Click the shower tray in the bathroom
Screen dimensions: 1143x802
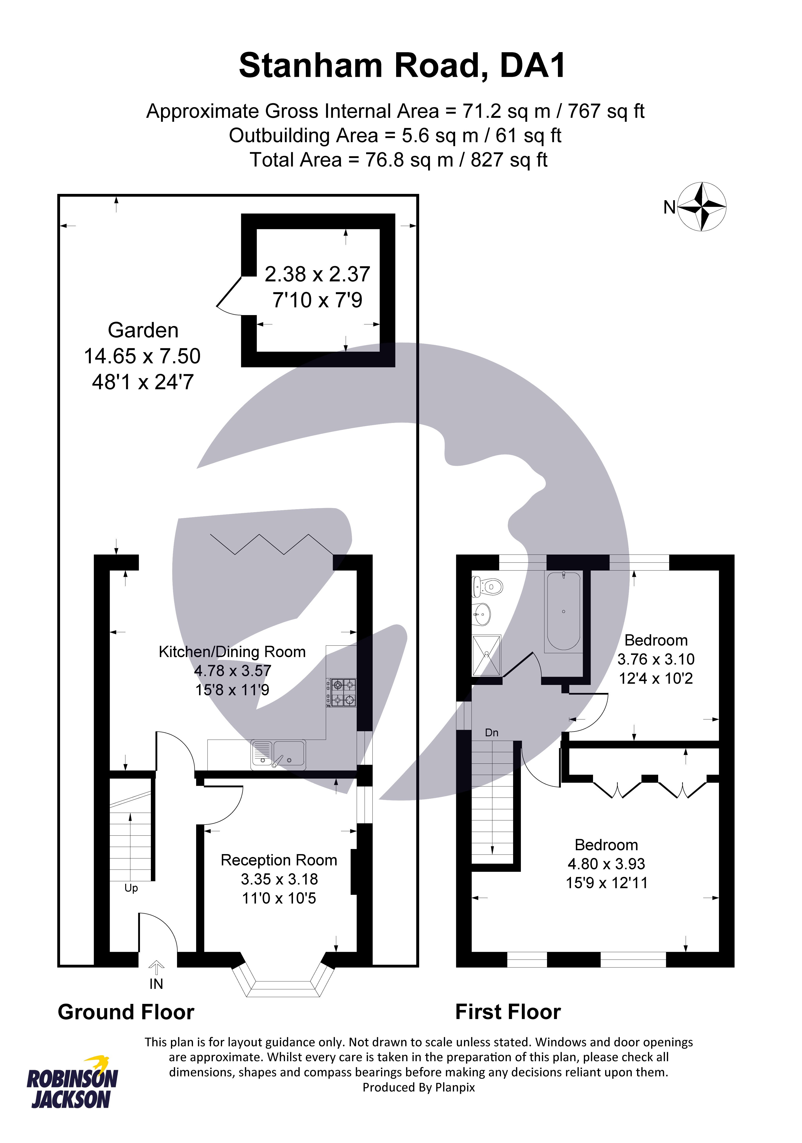(486, 655)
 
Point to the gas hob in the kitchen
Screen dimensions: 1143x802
(341, 692)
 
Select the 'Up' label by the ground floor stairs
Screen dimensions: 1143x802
(131, 888)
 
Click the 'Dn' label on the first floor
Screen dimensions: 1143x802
(492, 732)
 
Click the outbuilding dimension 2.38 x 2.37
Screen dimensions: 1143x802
(317, 274)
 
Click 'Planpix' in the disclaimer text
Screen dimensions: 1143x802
(455, 1087)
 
